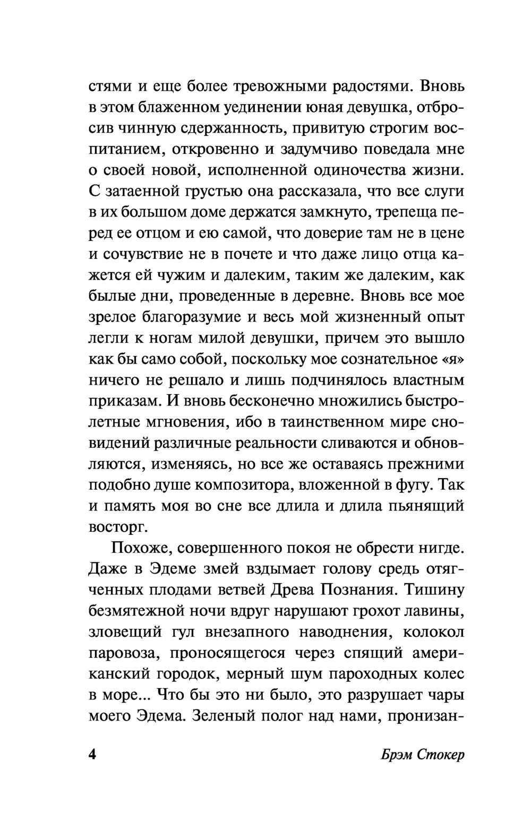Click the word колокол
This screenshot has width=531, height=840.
pyautogui.click(x=434, y=633)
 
